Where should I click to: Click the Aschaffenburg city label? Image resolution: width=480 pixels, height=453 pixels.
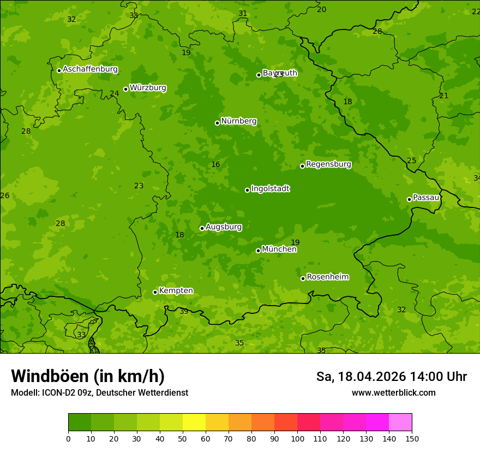click(x=90, y=69)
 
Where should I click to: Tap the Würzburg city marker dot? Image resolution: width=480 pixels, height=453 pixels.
click(x=125, y=89)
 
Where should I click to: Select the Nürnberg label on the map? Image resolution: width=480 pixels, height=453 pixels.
click(x=238, y=121)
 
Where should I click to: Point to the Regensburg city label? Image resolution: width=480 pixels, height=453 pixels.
click(x=328, y=164)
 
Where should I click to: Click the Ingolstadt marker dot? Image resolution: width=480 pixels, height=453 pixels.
click(x=247, y=190)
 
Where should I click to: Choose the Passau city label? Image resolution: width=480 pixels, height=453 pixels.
click(x=425, y=198)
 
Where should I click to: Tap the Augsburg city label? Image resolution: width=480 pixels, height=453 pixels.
click(x=223, y=227)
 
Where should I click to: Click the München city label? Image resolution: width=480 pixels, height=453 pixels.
click(x=279, y=249)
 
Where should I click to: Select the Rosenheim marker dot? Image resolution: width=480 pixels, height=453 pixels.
click(x=303, y=278)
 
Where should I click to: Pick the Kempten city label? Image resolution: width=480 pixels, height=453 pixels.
click(x=176, y=291)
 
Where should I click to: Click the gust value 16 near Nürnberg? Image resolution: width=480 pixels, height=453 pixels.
click(x=215, y=165)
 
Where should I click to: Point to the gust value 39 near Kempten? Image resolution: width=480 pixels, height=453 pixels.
click(x=184, y=311)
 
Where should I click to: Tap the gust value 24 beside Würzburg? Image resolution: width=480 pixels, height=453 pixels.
click(x=114, y=94)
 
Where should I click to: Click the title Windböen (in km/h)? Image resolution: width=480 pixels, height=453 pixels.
click(x=88, y=376)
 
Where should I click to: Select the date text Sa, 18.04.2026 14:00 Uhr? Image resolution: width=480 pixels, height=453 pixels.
click(x=391, y=377)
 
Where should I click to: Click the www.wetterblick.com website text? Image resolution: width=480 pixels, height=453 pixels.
click(x=393, y=393)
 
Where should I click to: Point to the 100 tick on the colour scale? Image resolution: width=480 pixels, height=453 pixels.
click(x=297, y=438)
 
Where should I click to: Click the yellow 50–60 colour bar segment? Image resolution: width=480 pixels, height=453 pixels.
click(x=194, y=422)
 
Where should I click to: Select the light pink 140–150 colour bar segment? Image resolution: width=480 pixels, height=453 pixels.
click(x=400, y=422)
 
